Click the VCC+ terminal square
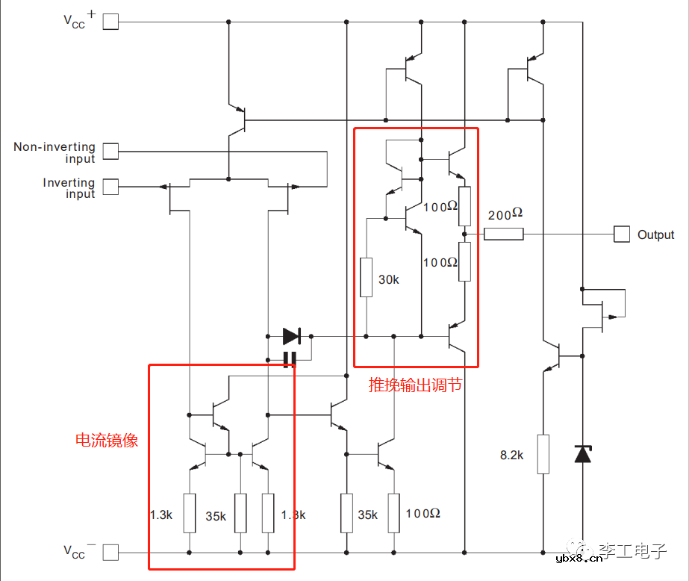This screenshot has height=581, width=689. tap(110, 22)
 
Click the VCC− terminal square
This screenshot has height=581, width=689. tap(110, 553)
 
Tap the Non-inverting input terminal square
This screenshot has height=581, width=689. tap(110, 152)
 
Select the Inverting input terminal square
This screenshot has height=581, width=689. tap(110, 187)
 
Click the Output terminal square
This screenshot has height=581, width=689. tap(622, 234)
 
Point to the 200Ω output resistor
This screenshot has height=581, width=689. tap(504, 234)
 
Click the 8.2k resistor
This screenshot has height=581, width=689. tap(543, 454)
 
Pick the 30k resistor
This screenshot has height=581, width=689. tap(366, 277)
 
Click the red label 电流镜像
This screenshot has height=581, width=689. tap(107, 440)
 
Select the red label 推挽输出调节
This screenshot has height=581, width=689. tap(416, 385)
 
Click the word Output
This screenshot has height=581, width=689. tap(655, 234)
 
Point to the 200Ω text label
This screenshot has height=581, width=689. tap(505, 214)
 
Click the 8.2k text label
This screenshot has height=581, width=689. tap(511, 454)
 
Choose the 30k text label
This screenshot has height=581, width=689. tap(388, 279)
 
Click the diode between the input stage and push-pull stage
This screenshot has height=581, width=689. tap(291, 336)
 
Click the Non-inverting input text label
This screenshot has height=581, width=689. tap(54, 152)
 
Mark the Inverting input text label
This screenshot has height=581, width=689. tap(69, 188)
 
